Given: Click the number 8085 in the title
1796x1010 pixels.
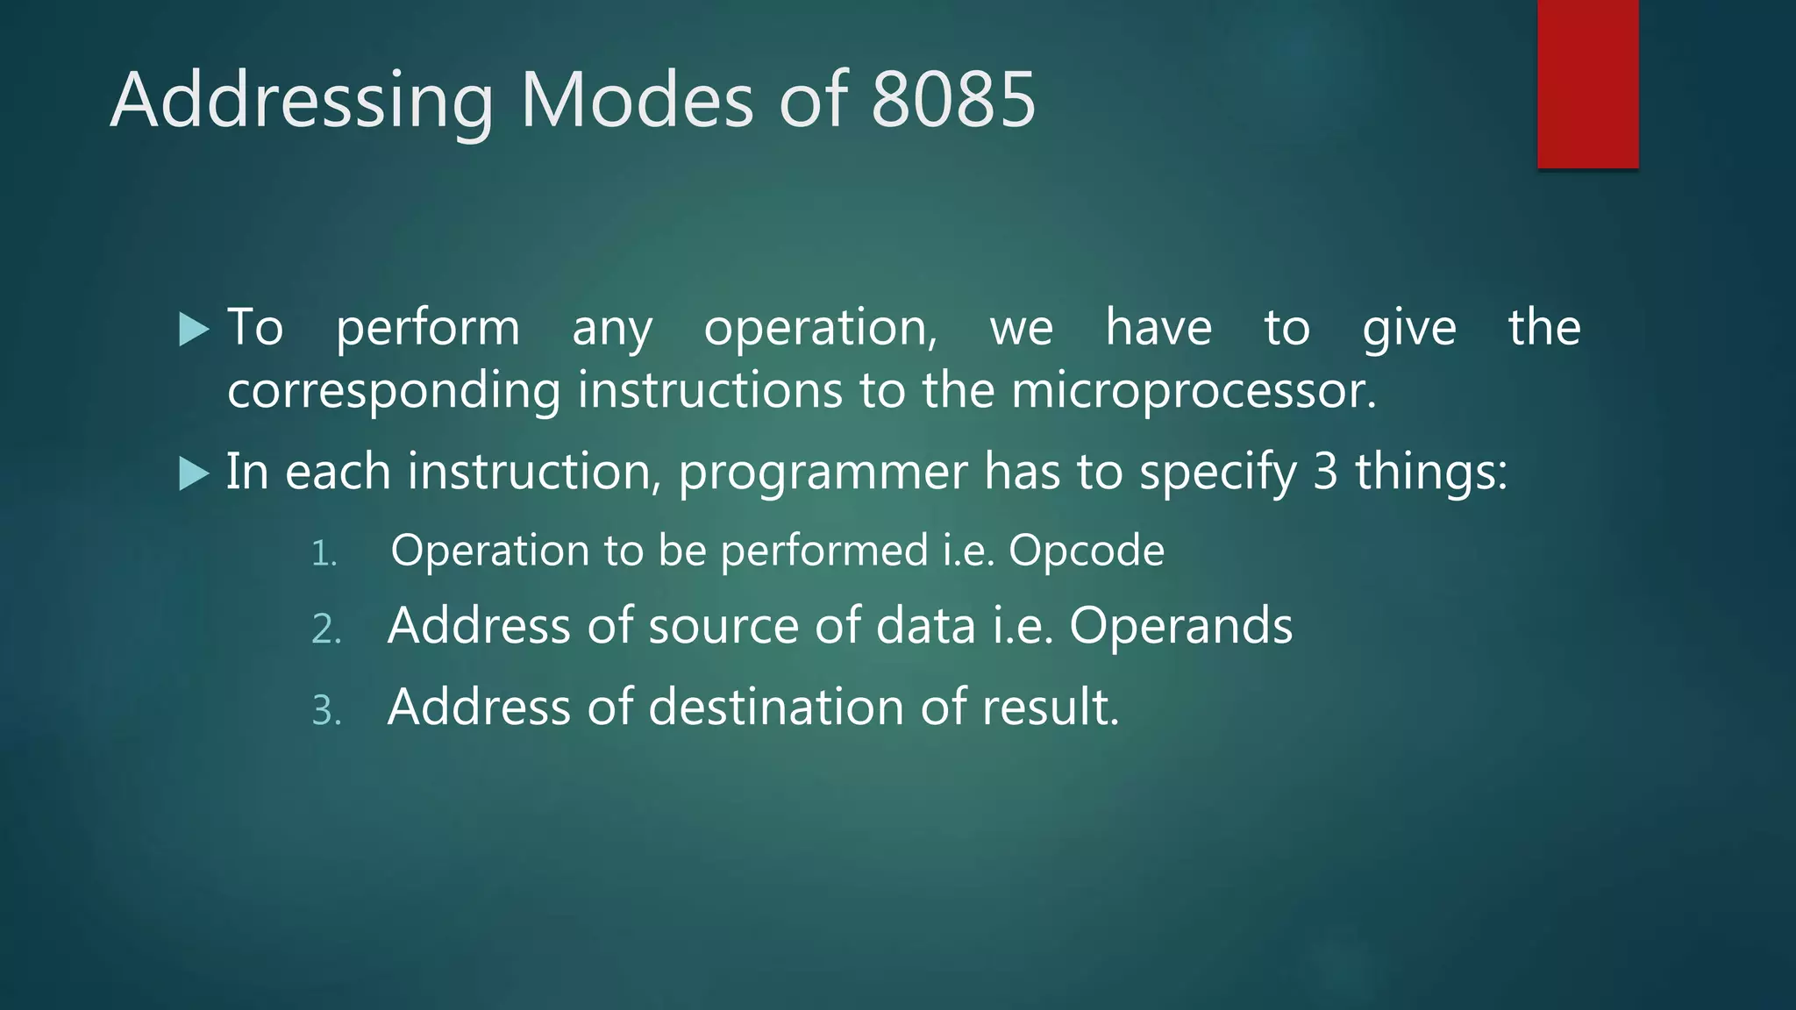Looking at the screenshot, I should [x=953, y=100].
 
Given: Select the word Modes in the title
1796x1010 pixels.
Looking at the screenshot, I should [x=637, y=100].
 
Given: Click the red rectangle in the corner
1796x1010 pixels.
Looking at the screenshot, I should [x=1587, y=83].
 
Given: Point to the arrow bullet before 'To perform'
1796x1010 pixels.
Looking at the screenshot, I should [x=194, y=331].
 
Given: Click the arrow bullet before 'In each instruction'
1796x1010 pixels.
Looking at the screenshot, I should [x=194, y=474].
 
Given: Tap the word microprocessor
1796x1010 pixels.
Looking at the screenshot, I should [x=1194, y=391].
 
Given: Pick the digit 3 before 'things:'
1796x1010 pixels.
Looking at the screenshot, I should [x=1325, y=472].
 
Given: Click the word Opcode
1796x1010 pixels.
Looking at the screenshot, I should [x=1087, y=551].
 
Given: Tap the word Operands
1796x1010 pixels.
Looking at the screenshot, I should [x=1180, y=627].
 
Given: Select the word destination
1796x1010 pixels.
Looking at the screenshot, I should [x=776, y=708].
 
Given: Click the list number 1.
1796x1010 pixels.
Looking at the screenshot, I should [x=324, y=554].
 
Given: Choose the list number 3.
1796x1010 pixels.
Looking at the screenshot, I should [x=326, y=711].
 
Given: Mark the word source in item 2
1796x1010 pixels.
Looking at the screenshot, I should [x=723, y=627].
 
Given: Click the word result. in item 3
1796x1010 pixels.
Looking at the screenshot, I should [x=1051, y=708].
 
